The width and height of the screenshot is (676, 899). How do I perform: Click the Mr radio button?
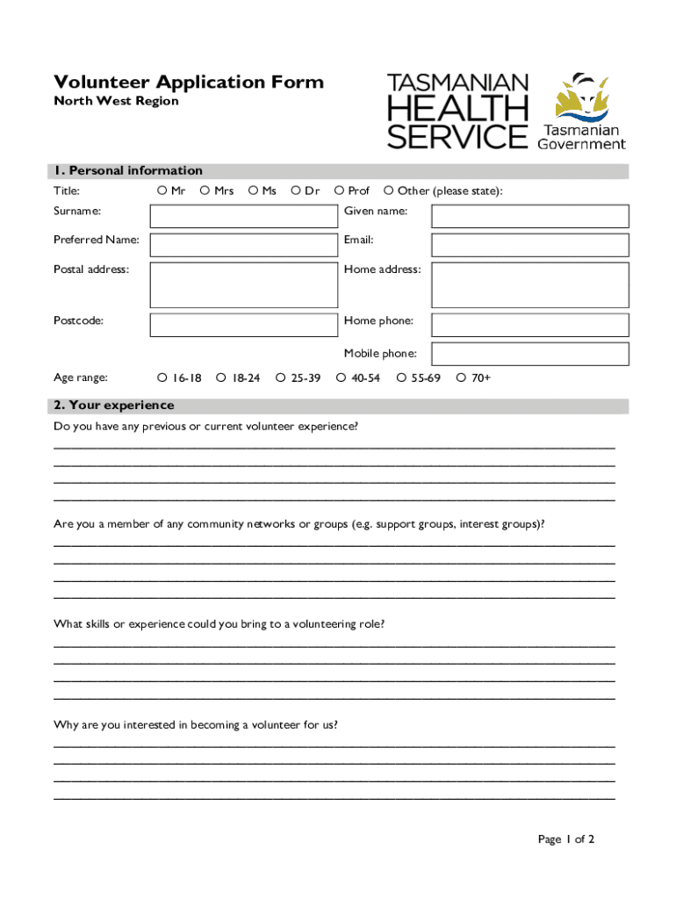pyautogui.click(x=162, y=191)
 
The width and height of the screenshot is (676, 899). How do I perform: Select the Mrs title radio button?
pyautogui.click(x=205, y=191)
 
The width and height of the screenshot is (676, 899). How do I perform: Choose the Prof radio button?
pyautogui.click(x=339, y=191)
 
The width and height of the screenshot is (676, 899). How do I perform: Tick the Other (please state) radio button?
pyautogui.click(x=388, y=191)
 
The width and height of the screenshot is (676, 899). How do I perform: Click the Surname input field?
pyautogui.click(x=243, y=216)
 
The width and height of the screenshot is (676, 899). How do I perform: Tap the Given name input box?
pyautogui.click(x=529, y=216)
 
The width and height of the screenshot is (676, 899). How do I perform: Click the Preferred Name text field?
pyautogui.click(x=243, y=244)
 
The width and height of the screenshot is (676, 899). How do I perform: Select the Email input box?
pyautogui.click(x=529, y=244)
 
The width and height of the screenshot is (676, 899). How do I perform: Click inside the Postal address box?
pyautogui.click(x=243, y=284)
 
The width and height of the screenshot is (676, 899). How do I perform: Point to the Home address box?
pyautogui.click(x=529, y=284)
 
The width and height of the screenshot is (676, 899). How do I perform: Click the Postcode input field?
pyautogui.click(x=243, y=325)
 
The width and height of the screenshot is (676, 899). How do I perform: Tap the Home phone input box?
pyautogui.click(x=529, y=325)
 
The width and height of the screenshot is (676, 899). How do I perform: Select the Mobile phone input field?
pyautogui.click(x=529, y=354)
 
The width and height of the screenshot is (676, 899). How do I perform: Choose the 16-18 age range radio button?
pyautogui.click(x=162, y=378)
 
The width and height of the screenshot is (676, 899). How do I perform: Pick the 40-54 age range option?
pyautogui.click(x=341, y=378)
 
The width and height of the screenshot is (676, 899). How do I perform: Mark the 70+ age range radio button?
pyautogui.click(x=460, y=378)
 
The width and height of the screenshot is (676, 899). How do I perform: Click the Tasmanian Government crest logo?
pyautogui.click(x=581, y=97)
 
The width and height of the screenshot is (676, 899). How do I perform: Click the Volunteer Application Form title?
pyautogui.click(x=189, y=83)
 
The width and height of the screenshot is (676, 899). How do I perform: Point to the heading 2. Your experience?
pyautogui.click(x=114, y=406)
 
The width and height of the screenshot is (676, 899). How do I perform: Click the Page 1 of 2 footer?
pyautogui.click(x=566, y=839)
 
